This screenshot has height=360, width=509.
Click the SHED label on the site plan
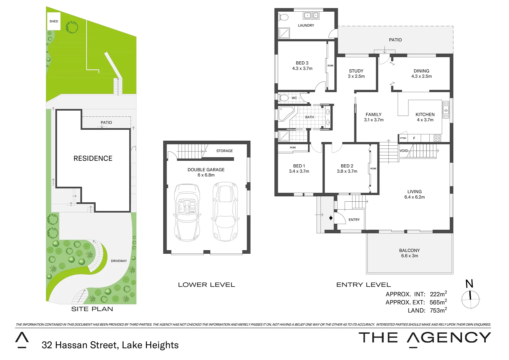(54, 21)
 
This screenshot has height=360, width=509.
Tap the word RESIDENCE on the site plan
(93, 159)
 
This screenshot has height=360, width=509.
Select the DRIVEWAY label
(119, 261)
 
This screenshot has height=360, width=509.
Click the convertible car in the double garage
(187, 212)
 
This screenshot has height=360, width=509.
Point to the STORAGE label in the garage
(225, 151)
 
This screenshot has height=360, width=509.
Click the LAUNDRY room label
(306, 25)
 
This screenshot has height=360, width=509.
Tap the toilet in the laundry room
(284, 17)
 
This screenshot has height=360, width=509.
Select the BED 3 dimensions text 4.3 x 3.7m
(302, 69)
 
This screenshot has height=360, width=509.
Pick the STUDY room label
(356, 71)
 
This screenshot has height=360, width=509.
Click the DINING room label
(421, 71)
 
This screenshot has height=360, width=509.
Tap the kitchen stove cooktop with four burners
(437, 138)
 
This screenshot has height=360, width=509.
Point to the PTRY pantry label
(403, 138)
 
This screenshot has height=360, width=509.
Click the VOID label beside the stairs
(403, 151)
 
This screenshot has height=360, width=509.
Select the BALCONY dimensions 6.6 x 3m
(409, 256)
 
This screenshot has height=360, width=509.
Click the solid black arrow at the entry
(331, 218)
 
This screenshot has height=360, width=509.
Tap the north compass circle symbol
(470, 299)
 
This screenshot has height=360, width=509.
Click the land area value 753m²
(438, 310)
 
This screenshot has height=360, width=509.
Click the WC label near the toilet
(294, 98)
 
